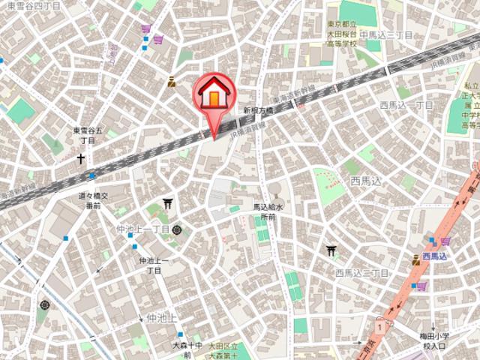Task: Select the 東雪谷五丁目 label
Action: pos(84,136)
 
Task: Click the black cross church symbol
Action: pos(80,158)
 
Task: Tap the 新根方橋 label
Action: pos(257,109)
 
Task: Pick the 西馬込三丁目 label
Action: pos(361,272)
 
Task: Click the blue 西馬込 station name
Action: pos(434,256)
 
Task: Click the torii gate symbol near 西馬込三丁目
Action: pos(331,252)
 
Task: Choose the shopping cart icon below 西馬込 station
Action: pos(421,286)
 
